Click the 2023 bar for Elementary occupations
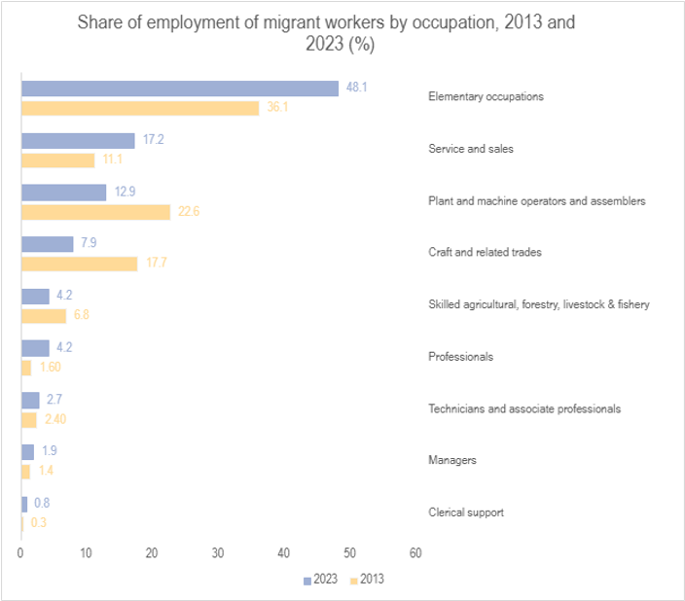click(x=180, y=88)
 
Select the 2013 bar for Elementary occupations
click(x=140, y=108)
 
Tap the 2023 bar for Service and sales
click(x=78, y=140)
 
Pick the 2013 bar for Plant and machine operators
click(x=95, y=212)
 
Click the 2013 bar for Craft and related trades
click(x=79, y=264)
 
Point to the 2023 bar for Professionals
click(x=35, y=347)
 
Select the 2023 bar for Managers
click(x=27, y=451)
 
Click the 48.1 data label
click(x=356, y=88)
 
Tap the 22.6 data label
click(x=188, y=212)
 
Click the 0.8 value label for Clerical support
click(x=41, y=503)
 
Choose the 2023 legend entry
click(x=320, y=580)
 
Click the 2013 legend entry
click(x=367, y=580)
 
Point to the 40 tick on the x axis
click(x=284, y=553)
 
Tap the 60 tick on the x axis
click(x=415, y=553)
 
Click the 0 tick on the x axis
click(x=20, y=553)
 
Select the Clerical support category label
click(x=466, y=513)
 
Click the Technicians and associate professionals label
click(x=523, y=408)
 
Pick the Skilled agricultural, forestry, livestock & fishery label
click(x=538, y=304)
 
